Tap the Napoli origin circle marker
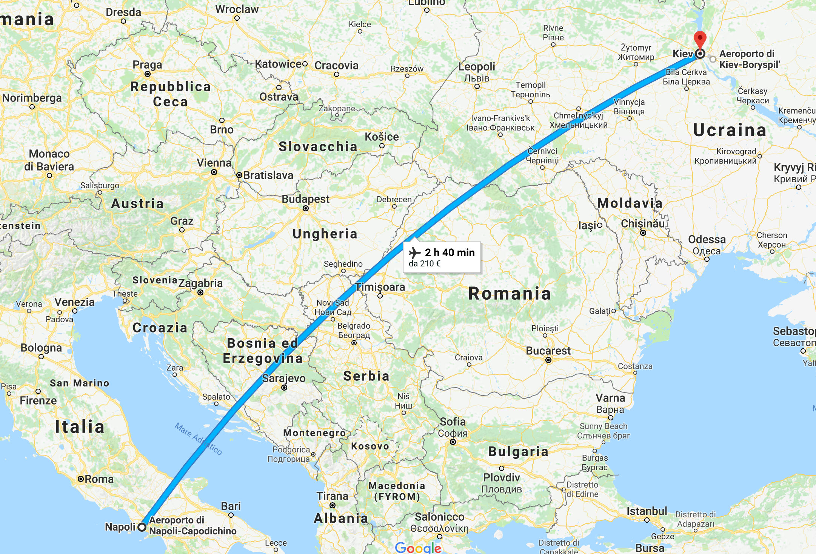[x=142, y=527]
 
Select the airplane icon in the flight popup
[x=414, y=252]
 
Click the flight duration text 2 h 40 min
[x=450, y=252]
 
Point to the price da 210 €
[x=425, y=264]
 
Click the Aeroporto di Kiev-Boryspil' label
[x=749, y=59]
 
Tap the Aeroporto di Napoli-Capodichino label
[x=192, y=526]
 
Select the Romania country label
[x=510, y=294]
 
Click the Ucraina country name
[x=730, y=130]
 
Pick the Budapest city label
[x=305, y=199]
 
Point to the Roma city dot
[x=81, y=479]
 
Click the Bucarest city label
[x=548, y=351]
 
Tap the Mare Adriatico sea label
[x=198, y=439]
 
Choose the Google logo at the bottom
[x=418, y=548]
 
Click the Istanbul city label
[x=647, y=511]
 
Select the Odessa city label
[x=707, y=240]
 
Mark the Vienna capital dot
[x=214, y=172]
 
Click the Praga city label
[x=147, y=65]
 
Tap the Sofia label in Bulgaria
[x=453, y=422]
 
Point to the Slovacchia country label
[x=318, y=146]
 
